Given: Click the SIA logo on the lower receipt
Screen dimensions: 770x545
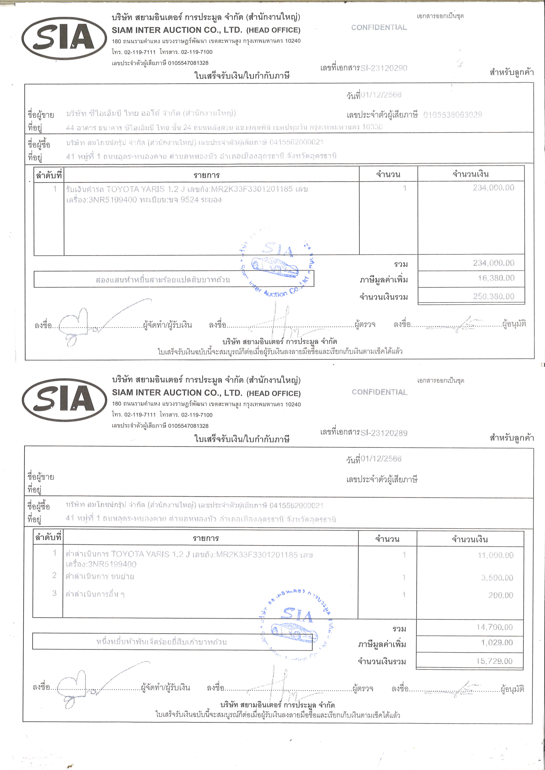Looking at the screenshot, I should tap(64, 400).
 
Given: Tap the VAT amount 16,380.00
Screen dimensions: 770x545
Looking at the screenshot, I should tap(496, 278).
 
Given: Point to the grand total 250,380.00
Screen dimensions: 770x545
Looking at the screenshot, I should tap(493, 296).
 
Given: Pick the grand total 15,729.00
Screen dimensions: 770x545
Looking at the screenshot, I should tap(494, 661).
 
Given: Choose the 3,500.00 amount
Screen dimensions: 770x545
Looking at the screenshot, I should tap(497, 577).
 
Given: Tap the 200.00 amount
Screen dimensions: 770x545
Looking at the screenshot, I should tap(500, 595).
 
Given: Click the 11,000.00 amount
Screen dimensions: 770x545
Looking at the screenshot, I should tap(495, 555).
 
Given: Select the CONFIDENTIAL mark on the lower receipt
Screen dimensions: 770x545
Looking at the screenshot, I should tap(380, 392).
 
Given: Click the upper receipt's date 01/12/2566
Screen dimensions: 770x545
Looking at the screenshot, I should tap(381, 95).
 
